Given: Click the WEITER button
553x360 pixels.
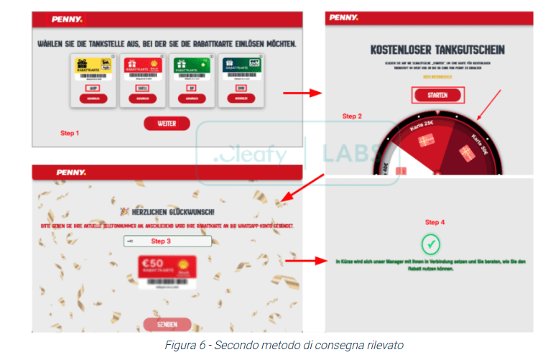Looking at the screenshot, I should pos(166,123).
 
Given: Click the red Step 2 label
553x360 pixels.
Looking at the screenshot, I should pos(352,116).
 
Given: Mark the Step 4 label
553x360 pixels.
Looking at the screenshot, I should pos(434,222).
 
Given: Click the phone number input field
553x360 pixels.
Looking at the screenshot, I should pos(166,241).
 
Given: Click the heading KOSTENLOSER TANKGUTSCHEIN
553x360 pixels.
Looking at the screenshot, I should pos(437,50).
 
